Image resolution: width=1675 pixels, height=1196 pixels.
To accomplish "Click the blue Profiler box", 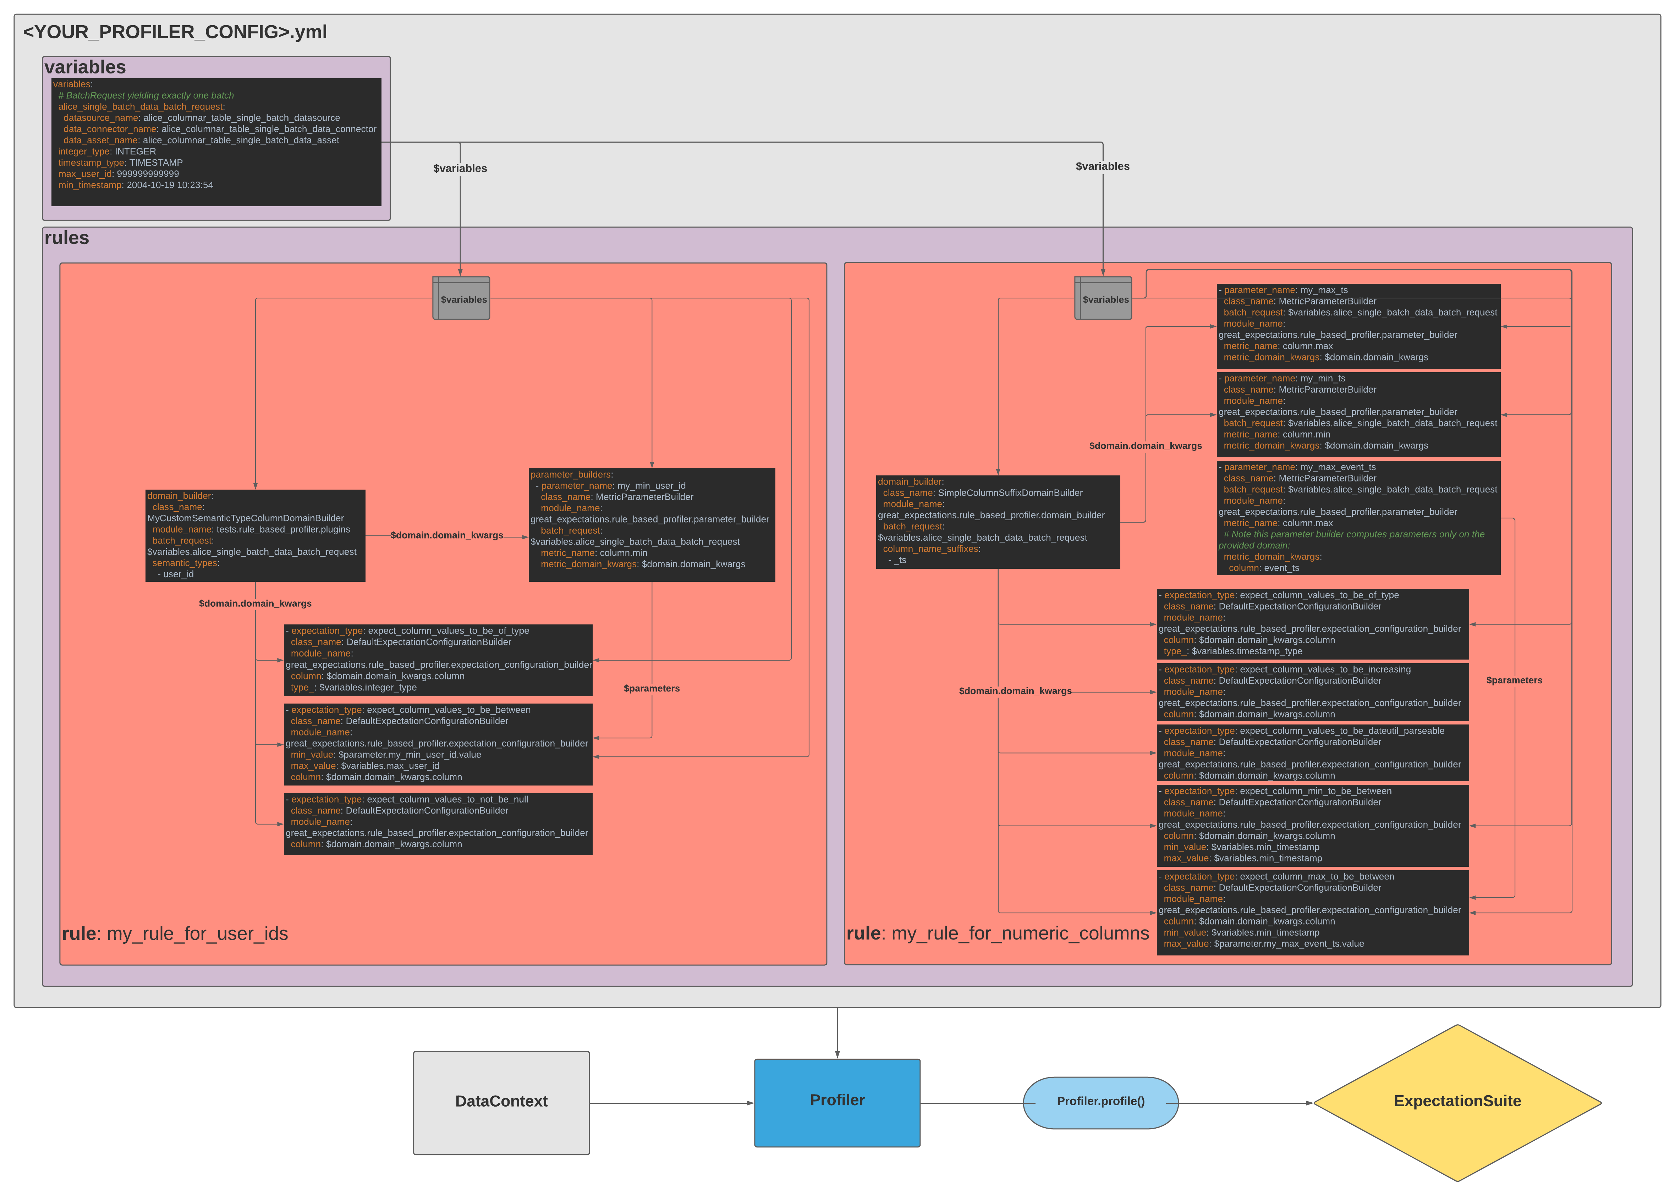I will pyautogui.click(x=837, y=1102).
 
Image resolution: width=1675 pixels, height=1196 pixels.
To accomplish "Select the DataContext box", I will pyautogui.click(x=501, y=1102).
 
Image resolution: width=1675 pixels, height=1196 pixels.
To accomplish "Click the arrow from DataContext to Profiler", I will pyautogui.click(x=670, y=1103).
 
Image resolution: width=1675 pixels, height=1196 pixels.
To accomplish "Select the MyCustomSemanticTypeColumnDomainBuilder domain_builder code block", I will pyautogui.click(x=255, y=535).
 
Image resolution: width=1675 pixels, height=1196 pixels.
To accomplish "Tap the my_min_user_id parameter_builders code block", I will pyautogui.click(x=651, y=524).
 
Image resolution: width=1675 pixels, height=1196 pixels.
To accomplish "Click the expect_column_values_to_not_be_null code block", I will pyautogui.click(x=438, y=823).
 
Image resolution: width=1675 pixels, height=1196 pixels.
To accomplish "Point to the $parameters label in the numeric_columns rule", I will pyautogui.click(x=1514, y=680).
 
